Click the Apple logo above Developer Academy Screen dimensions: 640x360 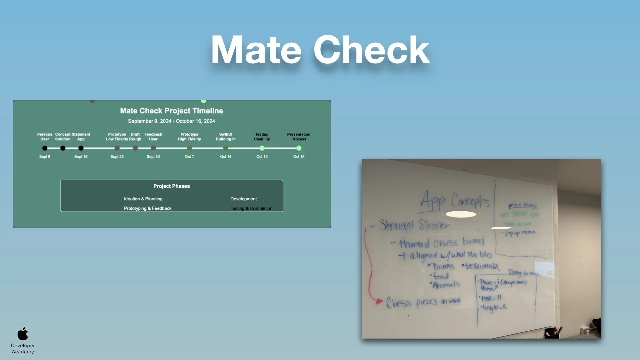tap(23, 334)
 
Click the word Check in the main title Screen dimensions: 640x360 tap(371, 50)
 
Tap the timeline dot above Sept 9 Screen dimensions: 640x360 tap(45, 148)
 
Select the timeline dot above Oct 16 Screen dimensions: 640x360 tap(299, 148)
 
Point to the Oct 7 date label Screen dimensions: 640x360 tap(189, 157)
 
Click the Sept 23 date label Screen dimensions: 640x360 tap(117, 157)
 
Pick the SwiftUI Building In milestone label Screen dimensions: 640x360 tap(226, 137)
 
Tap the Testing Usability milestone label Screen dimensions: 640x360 tap(262, 137)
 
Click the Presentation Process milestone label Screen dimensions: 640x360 tap(299, 137)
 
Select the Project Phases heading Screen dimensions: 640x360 tap(171, 186)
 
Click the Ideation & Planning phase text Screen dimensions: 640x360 tap(143, 199)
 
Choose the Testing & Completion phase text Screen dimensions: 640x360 tap(251, 208)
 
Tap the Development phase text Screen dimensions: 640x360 tap(243, 199)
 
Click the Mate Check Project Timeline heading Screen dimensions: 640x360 tap(171, 111)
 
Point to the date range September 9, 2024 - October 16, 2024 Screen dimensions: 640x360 tap(171, 121)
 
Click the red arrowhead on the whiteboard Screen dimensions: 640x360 tap(379, 302)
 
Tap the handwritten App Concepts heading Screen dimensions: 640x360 tap(455, 201)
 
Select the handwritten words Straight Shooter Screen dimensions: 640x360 tap(414, 226)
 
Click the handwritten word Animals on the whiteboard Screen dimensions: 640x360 tap(446, 285)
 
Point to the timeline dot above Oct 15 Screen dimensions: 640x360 tap(262, 148)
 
